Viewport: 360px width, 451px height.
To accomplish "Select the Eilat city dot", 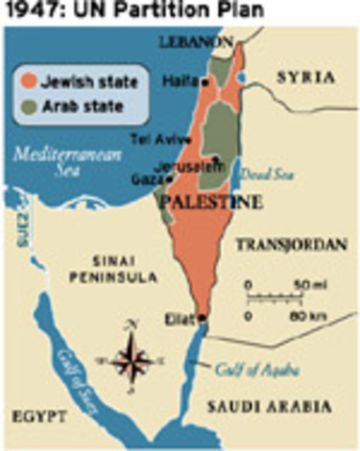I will (203, 317).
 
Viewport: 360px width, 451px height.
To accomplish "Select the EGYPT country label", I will (36, 414).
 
